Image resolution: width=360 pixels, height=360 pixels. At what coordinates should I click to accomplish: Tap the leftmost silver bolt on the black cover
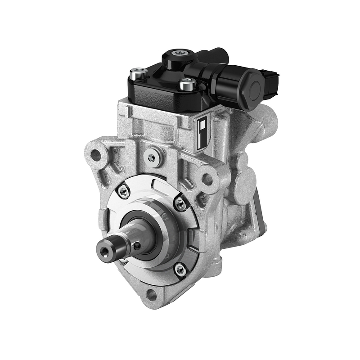pos(138,72)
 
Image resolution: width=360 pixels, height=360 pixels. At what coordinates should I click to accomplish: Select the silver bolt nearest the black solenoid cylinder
pos(187,84)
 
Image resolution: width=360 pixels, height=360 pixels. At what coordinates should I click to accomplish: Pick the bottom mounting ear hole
pos(152,295)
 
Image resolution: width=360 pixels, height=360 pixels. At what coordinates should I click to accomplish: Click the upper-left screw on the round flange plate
pos(123,191)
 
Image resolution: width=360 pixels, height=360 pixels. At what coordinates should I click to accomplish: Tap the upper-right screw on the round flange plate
pos(181,204)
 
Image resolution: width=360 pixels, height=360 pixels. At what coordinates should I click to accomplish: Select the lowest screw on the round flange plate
pos(180,269)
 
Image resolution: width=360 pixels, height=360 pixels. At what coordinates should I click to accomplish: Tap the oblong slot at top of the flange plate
pos(157,184)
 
